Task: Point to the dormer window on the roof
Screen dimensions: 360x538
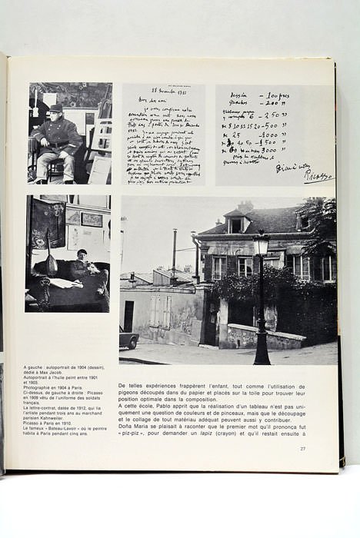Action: pos(235,224)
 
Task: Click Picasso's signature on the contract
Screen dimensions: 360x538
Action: pos(318,176)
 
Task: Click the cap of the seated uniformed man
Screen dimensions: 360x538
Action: pos(55,108)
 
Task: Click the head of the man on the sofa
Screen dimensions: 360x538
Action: pos(82,254)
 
